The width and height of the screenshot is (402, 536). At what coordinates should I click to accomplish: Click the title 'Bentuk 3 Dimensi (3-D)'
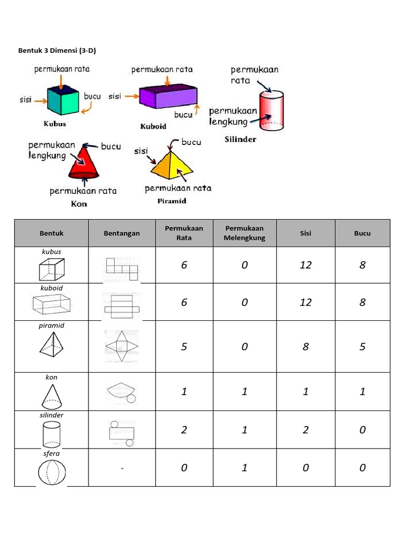click(58, 51)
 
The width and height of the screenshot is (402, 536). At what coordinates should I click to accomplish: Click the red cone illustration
click(84, 163)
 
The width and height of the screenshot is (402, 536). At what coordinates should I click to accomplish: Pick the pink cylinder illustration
click(272, 111)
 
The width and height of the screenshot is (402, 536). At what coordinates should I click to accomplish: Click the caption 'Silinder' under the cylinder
click(240, 140)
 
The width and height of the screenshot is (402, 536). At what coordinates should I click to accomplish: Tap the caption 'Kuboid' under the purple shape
click(153, 127)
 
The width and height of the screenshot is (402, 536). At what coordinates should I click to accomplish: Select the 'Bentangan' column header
click(121, 233)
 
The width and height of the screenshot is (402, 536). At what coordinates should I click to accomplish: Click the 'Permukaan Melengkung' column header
click(244, 233)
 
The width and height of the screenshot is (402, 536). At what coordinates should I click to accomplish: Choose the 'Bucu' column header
click(362, 233)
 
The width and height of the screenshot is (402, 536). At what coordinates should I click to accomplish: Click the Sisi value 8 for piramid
click(306, 347)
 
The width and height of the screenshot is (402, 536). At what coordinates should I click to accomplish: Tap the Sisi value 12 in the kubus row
click(306, 265)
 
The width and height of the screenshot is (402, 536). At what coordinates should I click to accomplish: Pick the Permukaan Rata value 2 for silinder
click(184, 430)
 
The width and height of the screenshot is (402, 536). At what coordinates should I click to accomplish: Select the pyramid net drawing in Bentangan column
click(121, 347)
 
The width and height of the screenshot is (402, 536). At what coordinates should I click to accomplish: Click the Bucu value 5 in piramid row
click(362, 347)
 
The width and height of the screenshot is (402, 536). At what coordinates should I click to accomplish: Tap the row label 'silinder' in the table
click(51, 415)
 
